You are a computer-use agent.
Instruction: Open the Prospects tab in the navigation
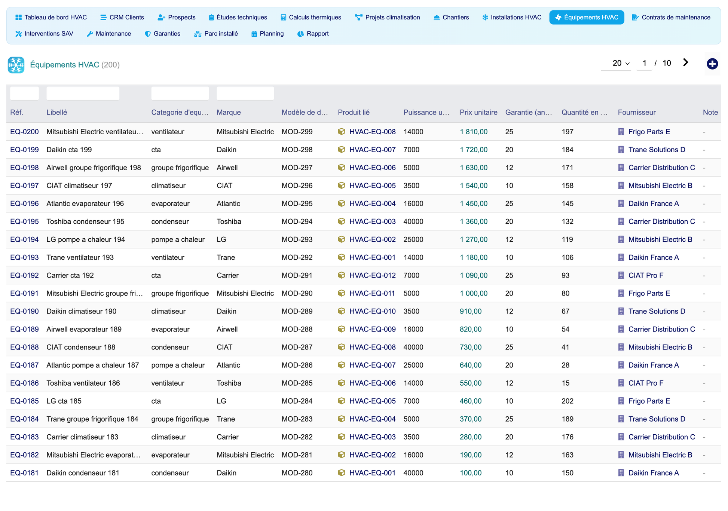click(x=177, y=17)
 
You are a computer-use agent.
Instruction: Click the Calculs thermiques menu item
click(x=311, y=17)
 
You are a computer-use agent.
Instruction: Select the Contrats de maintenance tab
click(x=671, y=17)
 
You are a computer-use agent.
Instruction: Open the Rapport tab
click(x=313, y=34)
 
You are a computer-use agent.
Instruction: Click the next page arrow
click(x=685, y=62)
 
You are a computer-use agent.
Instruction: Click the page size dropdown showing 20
click(x=621, y=63)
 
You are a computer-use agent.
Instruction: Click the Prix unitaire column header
click(x=478, y=112)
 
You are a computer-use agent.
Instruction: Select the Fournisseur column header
click(x=637, y=112)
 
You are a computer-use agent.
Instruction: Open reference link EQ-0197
click(x=24, y=186)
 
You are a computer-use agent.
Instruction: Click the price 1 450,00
click(x=474, y=204)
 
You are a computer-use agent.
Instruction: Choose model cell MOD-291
click(x=297, y=275)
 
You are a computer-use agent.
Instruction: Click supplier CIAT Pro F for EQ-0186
click(x=646, y=383)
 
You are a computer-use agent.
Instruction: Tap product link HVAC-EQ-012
click(x=372, y=275)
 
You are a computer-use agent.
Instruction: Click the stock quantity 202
click(x=568, y=401)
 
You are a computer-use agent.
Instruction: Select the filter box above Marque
click(x=245, y=93)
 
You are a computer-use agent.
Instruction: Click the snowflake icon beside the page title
click(x=16, y=65)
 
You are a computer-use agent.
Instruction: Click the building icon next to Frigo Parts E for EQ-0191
click(x=621, y=293)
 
